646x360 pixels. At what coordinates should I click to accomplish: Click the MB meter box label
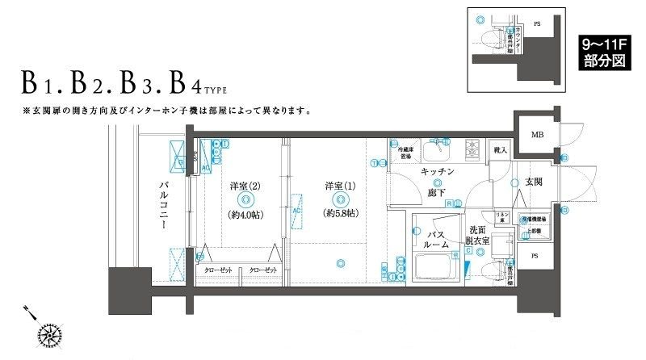[x=536, y=135]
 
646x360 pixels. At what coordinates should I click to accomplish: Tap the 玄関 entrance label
[x=533, y=183]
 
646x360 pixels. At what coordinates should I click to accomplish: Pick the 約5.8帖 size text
[x=341, y=214]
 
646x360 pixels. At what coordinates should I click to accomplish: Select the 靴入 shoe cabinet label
[x=501, y=149]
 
